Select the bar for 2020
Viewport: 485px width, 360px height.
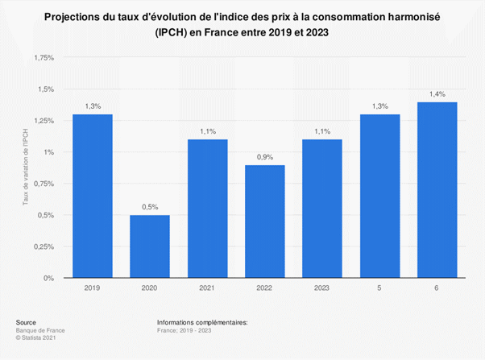click(x=150, y=246)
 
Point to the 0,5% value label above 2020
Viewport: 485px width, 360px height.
click(x=150, y=206)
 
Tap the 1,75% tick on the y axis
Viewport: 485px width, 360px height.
click(x=43, y=58)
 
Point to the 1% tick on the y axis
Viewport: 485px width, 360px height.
click(x=48, y=152)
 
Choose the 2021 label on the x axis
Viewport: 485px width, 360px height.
click(x=207, y=288)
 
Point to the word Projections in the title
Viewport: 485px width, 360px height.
click(x=95, y=16)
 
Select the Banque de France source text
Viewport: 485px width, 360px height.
click(x=38, y=330)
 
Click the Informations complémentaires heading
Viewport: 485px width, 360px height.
click(x=203, y=322)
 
